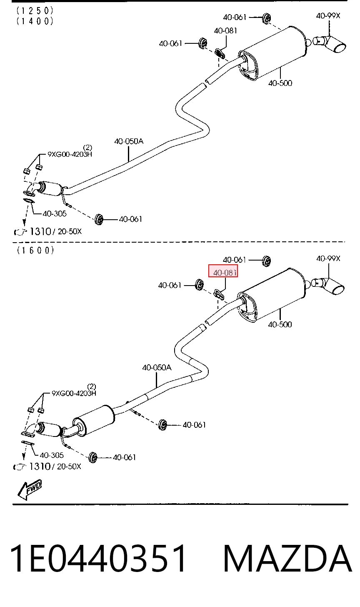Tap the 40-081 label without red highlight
(225, 30)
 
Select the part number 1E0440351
(98, 559)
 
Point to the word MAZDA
(287, 559)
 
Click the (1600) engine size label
(35, 250)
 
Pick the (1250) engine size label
(35, 11)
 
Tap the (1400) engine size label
(35, 21)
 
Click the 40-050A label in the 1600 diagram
(157, 367)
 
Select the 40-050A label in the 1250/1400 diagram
(129, 141)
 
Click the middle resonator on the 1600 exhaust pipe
(93, 421)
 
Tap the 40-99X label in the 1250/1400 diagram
(328, 16)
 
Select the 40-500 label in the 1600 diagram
(280, 324)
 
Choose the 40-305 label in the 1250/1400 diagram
(55, 213)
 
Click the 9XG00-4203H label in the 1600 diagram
(74, 393)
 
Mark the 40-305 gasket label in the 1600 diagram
(52, 455)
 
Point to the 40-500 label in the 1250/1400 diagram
(280, 83)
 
